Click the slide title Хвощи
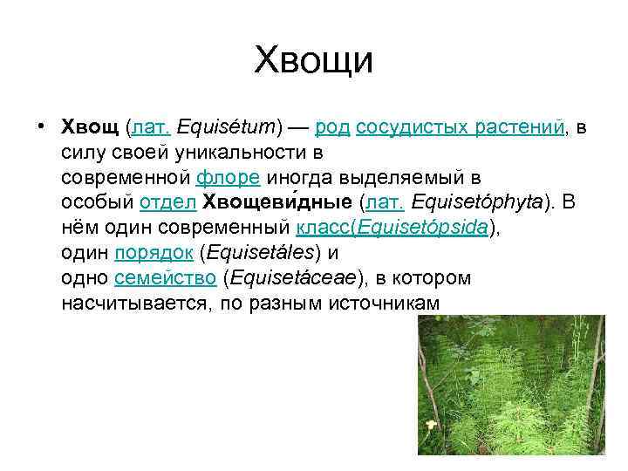[313, 61]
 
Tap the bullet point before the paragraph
[42, 127]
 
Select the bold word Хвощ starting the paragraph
[91, 128]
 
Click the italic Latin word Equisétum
[225, 128]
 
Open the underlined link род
[332, 128]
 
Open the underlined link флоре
[228, 178]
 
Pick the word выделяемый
[418, 178]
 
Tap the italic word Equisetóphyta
[478, 203]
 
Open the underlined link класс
[324, 229]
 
